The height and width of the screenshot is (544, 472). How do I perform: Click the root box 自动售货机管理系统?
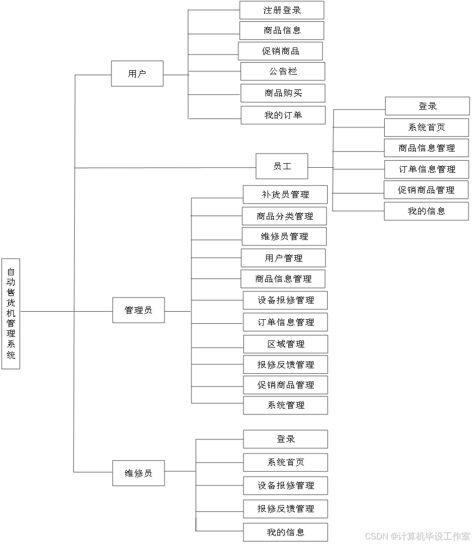click(12, 314)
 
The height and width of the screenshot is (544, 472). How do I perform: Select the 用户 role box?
click(138, 75)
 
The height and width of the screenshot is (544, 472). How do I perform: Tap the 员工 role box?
click(283, 167)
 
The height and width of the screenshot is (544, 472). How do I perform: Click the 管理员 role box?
click(139, 311)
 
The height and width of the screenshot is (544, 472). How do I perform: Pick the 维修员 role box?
click(139, 474)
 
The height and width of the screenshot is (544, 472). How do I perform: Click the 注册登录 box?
click(283, 11)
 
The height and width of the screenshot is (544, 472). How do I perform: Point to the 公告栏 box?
click(284, 72)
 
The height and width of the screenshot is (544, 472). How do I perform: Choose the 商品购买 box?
click(284, 94)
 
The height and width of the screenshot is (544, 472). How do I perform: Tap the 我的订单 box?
click(284, 116)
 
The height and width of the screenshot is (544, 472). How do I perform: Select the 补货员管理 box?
click(286, 195)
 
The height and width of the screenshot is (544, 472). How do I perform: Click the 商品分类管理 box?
click(285, 217)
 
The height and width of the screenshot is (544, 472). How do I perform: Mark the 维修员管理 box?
click(285, 237)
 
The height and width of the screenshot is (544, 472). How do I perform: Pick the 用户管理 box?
click(284, 259)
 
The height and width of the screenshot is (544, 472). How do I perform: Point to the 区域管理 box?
click(287, 345)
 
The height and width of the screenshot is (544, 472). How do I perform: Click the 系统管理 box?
click(287, 406)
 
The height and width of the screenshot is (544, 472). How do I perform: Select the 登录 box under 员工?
click(428, 107)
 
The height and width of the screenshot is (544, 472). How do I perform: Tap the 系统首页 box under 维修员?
click(286, 463)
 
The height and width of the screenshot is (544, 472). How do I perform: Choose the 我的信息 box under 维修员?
click(286, 533)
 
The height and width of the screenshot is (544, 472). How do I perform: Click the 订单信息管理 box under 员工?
click(428, 170)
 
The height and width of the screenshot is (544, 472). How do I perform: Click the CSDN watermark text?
click(416, 535)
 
